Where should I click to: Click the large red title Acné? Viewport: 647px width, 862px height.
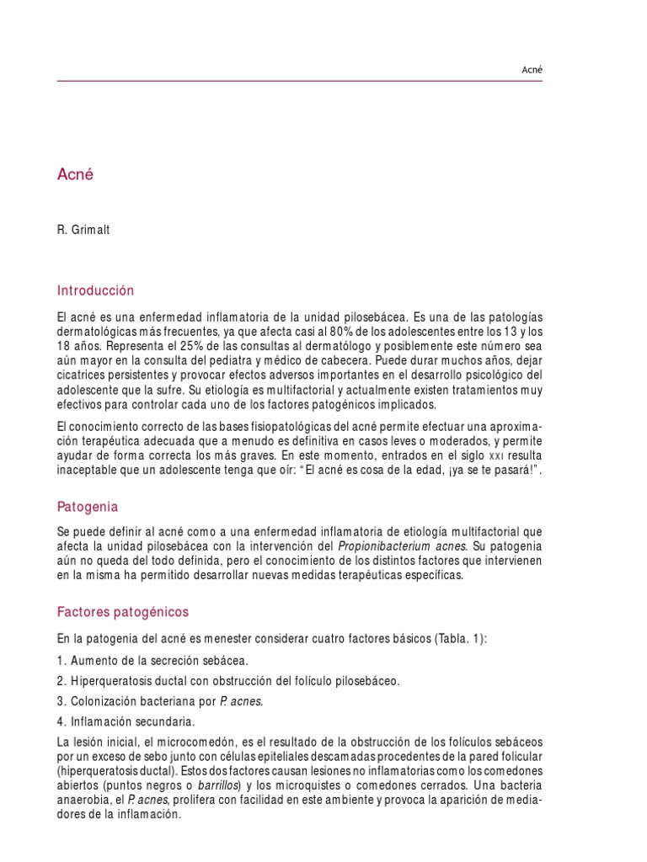(x=75, y=175)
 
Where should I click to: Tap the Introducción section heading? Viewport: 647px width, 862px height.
(x=95, y=290)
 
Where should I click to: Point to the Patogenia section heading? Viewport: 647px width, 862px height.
(x=88, y=507)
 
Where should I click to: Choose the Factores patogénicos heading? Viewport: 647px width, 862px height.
(x=123, y=611)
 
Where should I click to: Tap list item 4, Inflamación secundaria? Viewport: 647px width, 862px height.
(x=126, y=721)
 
